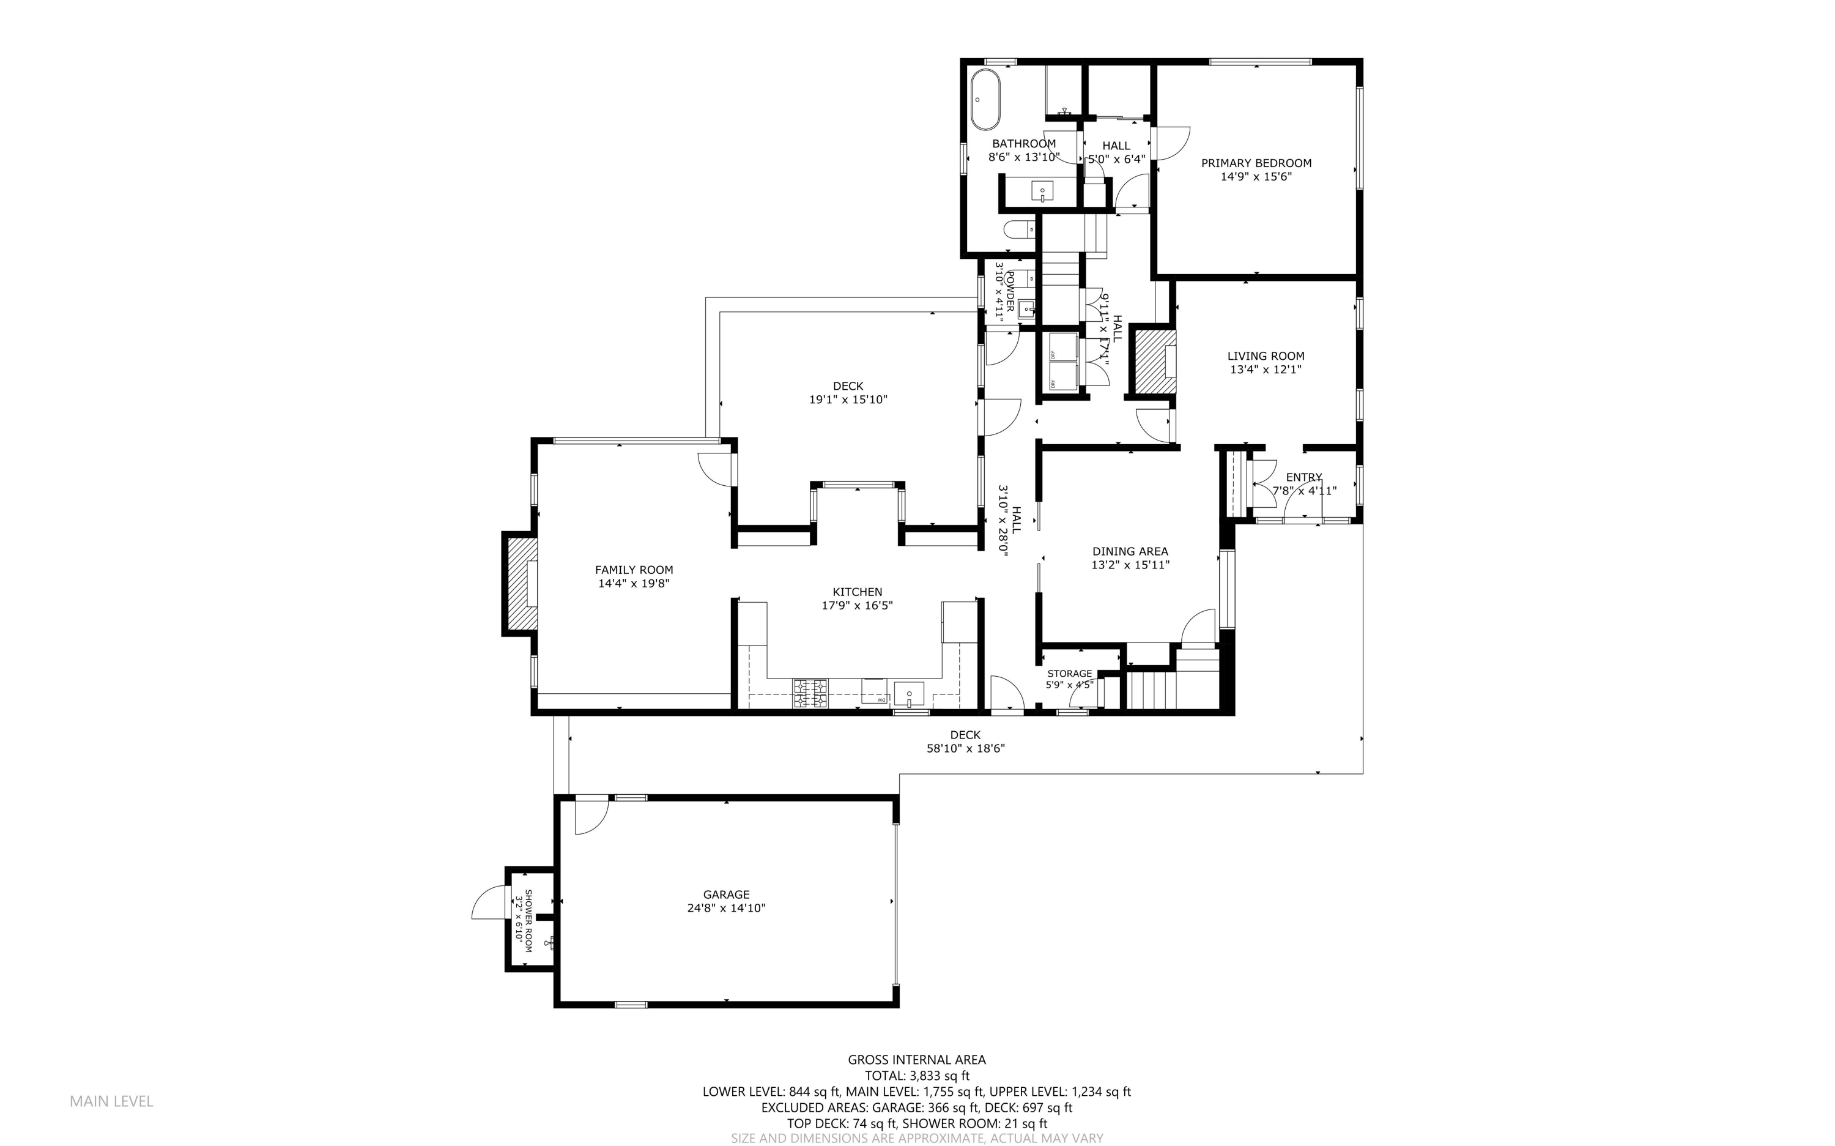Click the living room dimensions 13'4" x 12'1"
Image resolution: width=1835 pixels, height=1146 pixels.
point(1266,370)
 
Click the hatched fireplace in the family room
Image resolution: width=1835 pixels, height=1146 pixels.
point(521,583)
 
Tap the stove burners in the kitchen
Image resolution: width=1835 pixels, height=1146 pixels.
point(810,693)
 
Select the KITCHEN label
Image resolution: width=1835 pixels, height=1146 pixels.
point(857,592)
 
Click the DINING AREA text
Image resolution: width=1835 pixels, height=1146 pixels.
point(1130,551)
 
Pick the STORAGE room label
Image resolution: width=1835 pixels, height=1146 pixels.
point(1069,673)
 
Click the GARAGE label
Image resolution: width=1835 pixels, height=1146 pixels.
point(726,895)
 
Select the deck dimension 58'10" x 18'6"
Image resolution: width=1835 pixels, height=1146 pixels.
point(965,749)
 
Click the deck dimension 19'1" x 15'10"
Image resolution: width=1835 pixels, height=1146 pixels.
point(848,400)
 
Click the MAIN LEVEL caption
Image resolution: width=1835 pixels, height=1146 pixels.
point(111,1101)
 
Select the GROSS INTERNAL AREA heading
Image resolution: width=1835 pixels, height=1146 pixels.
point(917,1060)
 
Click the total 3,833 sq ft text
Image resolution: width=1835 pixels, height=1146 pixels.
point(917,1076)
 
